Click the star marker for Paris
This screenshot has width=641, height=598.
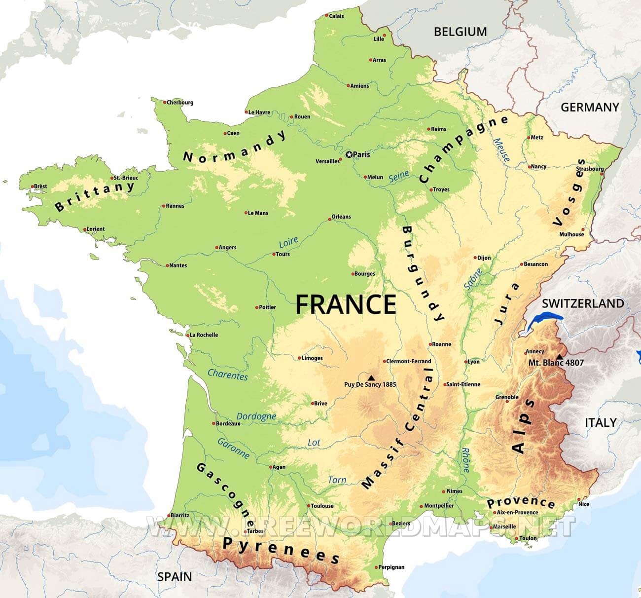pyautogui.click(x=349, y=155)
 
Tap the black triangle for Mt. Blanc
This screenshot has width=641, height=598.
pyautogui.click(x=559, y=357)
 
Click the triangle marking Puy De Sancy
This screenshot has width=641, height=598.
pyautogui.click(x=371, y=377)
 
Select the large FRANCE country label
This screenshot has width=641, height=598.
pyautogui.click(x=346, y=304)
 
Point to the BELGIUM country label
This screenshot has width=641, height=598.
pyautogui.click(x=460, y=32)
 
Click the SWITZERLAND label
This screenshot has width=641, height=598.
pyautogui.click(x=583, y=303)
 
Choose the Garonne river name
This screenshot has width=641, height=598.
pyautogui.click(x=233, y=448)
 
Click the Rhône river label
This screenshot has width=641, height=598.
pyautogui.click(x=465, y=460)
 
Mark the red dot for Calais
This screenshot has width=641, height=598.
pyautogui.click(x=326, y=15)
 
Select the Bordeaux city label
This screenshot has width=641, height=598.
pyautogui.click(x=228, y=423)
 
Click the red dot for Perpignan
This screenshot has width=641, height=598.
pyautogui.click(x=377, y=567)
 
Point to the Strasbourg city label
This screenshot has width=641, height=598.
pyautogui.click(x=589, y=169)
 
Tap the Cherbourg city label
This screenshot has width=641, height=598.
pyautogui.click(x=180, y=103)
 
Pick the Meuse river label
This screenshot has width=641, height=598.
pyautogui.click(x=502, y=149)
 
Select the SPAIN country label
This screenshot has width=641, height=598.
pyautogui.click(x=174, y=576)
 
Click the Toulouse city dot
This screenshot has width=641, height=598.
pyautogui.click(x=308, y=506)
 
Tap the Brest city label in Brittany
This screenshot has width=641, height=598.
pyautogui.click(x=40, y=186)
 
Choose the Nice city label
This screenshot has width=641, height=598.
pyautogui.click(x=584, y=504)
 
